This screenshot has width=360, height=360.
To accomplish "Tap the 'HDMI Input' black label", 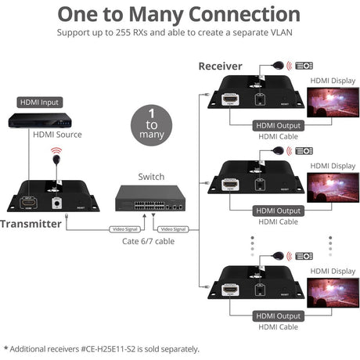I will click(39, 102).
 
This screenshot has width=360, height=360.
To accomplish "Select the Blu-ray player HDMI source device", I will click(39, 121).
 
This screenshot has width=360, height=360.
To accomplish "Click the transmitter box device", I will click(53, 195).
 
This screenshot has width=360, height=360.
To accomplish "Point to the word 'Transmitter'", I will click(31, 224).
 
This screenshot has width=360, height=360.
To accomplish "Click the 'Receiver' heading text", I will click(220, 67).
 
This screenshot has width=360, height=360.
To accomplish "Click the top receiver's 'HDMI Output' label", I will click(276, 125).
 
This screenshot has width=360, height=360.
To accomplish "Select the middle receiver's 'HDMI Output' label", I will click(276, 211).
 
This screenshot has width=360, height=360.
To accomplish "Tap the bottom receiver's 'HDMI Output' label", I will click(276, 316).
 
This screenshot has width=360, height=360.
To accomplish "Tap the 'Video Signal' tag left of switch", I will click(124, 229).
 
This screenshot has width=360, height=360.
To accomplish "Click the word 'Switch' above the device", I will click(151, 177).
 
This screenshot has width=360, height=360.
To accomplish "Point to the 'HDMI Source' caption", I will click(57, 135).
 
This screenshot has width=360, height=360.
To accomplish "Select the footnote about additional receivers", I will click(102, 349).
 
